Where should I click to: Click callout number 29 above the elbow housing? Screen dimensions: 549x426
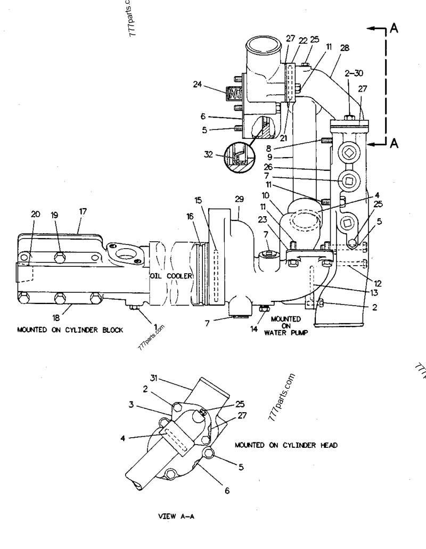240,199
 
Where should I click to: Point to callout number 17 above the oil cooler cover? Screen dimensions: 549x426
83,211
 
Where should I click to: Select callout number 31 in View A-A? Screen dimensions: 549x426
154,379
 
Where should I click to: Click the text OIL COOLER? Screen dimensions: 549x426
171,276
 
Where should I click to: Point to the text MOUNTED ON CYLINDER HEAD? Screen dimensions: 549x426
285,445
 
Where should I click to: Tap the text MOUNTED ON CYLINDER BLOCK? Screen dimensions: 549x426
70,330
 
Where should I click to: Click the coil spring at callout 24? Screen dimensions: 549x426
234,94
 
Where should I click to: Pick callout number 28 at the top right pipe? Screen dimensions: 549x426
345,48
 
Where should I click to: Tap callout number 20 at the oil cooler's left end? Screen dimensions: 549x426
35,214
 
